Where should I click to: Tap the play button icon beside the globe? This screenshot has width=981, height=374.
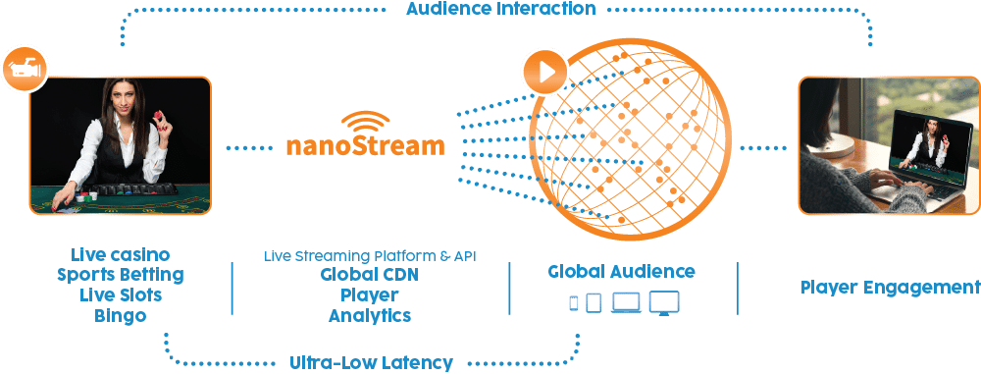pyautogui.click(x=544, y=72)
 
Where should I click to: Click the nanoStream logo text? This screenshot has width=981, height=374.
pyautogui.click(x=364, y=145)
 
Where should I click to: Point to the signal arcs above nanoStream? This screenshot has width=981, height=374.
pyautogui.click(x=364, y=121)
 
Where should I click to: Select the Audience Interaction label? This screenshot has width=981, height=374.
pyautogui.click(x=500, y=9)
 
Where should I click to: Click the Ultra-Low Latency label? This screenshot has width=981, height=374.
pyautogui.click(x=371, y=362)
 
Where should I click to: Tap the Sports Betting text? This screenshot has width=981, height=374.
pyautogui.click(x=121, y=275)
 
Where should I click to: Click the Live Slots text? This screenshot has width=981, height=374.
pyautogui.click(x=121, y=295)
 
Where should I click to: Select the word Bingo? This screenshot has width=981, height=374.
pyautogui.click(x=121, y=316)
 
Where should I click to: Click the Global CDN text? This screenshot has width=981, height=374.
pyautogui.click(x=369, y=275)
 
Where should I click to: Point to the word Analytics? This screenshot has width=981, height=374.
pyautogui.click(x=369, y=316)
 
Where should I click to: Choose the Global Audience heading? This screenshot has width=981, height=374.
pyautogui.click(x=622, y=271)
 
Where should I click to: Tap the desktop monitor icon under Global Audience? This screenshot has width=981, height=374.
pyautogui.click(x=663, y=302)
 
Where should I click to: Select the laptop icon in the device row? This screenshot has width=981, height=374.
pyautogui.click(x=626, y=303)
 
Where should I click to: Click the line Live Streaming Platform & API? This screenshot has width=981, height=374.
pyautogui.click(x=370, y=256)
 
